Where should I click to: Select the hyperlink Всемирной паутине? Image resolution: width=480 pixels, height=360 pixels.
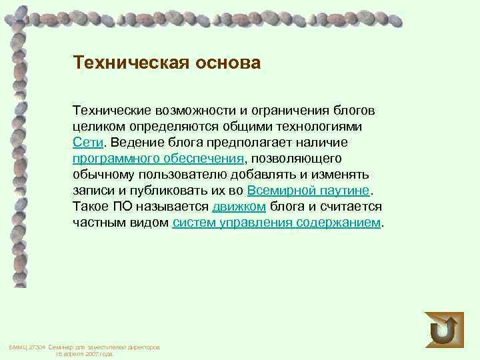307,190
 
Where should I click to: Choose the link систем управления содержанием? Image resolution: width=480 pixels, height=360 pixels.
277,222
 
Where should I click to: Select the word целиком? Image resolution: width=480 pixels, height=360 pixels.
97,126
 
